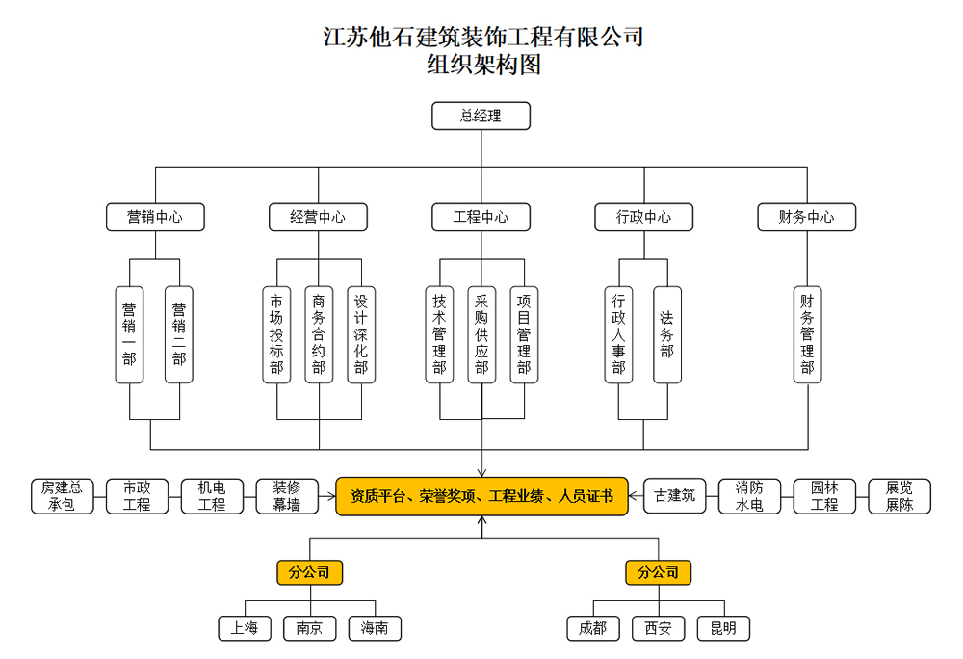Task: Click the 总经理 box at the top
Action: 481,117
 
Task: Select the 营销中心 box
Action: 156,217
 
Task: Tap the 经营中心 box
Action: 318,217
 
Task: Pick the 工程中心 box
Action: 481,217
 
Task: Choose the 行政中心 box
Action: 644,217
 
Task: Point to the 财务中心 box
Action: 807,217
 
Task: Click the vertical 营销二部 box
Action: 179,334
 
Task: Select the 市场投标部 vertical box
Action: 276,334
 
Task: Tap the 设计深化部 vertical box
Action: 361,334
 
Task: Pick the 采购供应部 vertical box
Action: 481,334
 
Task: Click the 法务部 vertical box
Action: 666,334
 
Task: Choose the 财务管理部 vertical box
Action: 807,334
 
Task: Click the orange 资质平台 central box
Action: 481,496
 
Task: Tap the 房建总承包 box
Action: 63,496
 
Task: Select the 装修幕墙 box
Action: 286,496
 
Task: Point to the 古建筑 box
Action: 674,496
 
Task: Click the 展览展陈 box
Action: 899,496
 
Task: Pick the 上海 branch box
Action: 245,628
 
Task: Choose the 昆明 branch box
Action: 723,628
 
